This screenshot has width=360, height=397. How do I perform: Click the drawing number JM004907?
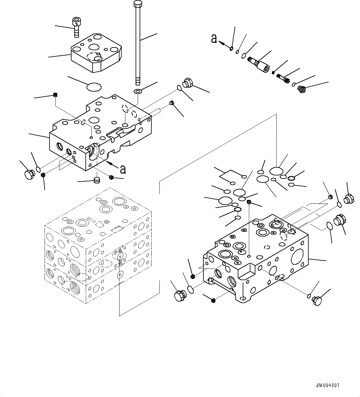pyautogui.click(x=327, y=386)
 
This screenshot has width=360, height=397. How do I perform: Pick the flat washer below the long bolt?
pyautogui.click(x=137, y=91)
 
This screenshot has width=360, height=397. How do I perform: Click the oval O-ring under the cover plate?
pyautogui.click(x=94, y=87)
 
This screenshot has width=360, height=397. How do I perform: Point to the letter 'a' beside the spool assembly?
pyautogui.click(x=214, y=38)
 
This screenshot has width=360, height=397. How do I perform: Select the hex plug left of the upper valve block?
pyautogui.click(x=28, y=174)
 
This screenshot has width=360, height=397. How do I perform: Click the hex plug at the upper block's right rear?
pyautogui.click(x=188, y=83)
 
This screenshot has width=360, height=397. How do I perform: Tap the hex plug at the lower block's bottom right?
pyautogui.click(x=317, y=300)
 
